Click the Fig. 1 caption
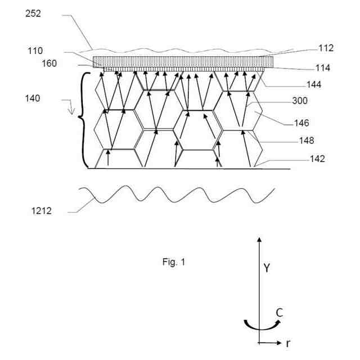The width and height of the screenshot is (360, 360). click(173, 262)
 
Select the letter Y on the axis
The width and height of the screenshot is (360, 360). click(267, 268)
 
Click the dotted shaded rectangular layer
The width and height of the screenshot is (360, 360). click(183, 61)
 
